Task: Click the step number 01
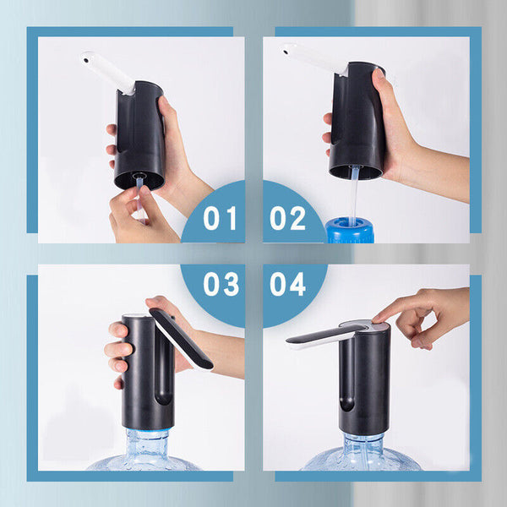[220, 218]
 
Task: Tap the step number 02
[287, 218]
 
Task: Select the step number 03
[221, 284]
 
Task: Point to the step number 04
[287, 284]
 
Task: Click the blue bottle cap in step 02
[350, 230]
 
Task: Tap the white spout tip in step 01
[86, 59]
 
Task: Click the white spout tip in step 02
[286, 51]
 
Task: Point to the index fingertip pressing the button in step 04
[377, 319]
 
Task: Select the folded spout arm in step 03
[181, 338]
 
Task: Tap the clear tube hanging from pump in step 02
[354, 194]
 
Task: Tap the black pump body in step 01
[139, 136]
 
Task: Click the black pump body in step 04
[364, 379]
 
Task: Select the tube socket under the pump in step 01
[139, 177]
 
